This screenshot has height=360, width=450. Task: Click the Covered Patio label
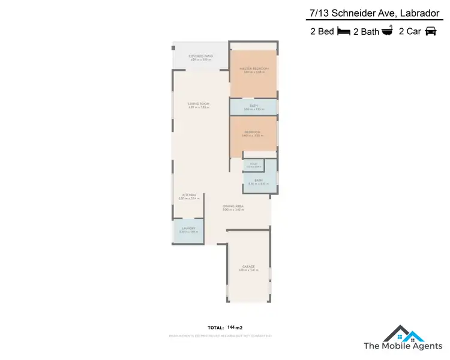(201, 56)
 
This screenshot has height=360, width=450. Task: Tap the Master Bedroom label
(254, 69)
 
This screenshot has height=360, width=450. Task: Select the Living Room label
(198, 104)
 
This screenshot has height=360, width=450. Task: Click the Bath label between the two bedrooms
(254, 106)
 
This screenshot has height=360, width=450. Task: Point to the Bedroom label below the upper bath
(253, 132)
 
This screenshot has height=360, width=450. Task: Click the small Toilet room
(253, 165)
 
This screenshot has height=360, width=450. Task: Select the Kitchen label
(189, 195)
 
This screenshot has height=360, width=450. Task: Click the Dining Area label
(233, 207)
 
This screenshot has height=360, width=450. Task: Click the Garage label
(248, 267)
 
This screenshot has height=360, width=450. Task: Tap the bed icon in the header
(344, 32)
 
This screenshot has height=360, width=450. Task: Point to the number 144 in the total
(231, 327)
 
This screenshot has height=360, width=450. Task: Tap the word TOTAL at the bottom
(215, 328)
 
